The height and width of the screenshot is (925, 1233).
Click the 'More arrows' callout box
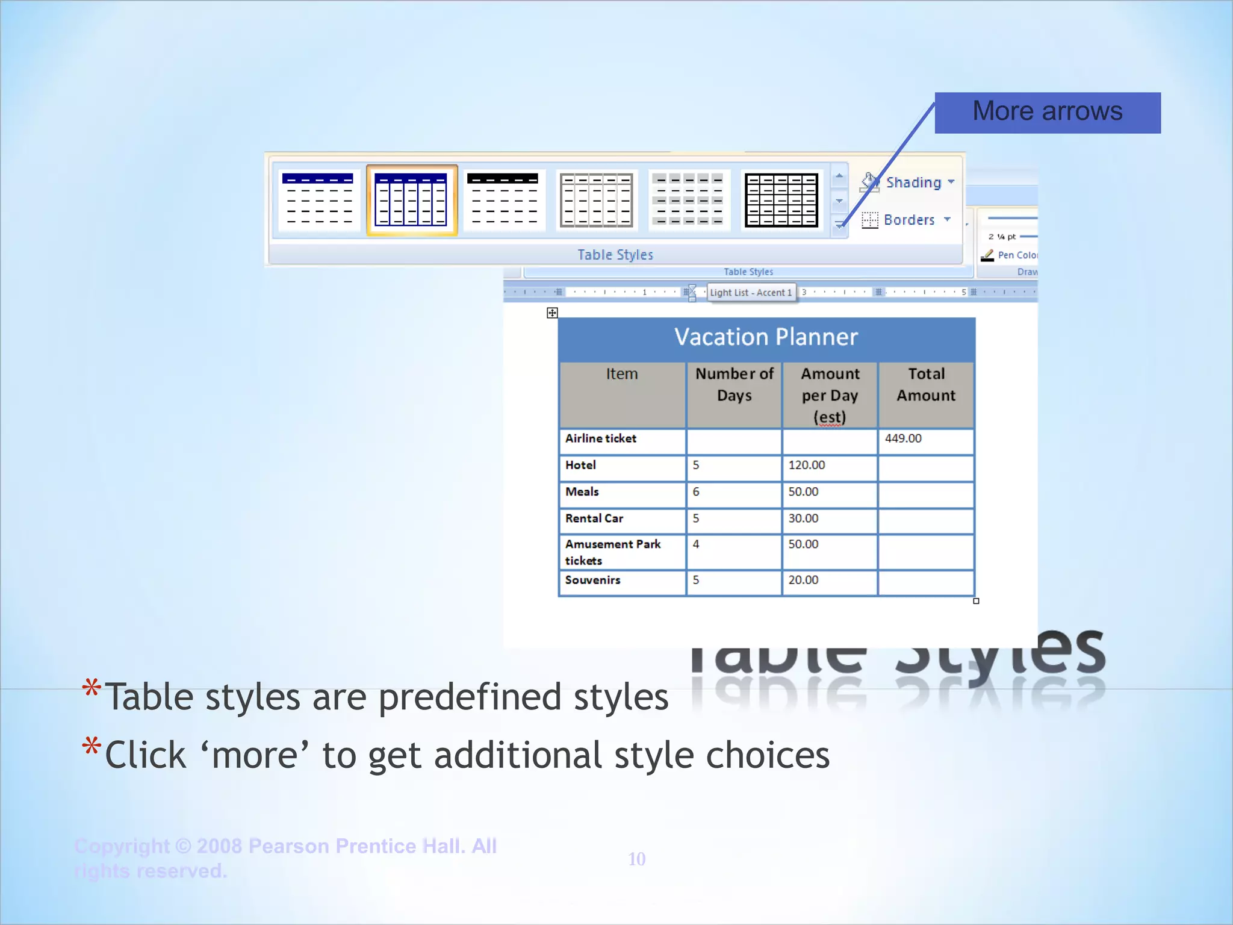coord(1047,113)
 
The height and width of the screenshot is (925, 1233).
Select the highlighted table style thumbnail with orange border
coord(412,200)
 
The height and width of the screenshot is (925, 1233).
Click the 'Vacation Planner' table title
coord(766,337)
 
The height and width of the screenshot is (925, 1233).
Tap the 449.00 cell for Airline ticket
coord(903,438)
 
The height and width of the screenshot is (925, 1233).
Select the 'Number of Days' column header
coord(734,385)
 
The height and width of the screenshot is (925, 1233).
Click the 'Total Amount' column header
coord(926,385)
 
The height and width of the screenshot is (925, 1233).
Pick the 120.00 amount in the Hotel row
coord(807,465)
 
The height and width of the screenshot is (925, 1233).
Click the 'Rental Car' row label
coord(594,519)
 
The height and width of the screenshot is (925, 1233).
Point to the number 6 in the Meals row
coord(696,492)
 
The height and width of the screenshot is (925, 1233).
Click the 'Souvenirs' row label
coord(592,580)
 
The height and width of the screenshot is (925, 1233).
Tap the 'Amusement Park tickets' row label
coord(612,552)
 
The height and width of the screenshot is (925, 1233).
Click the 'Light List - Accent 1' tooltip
coord(751,293)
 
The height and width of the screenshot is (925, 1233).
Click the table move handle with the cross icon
coord(552,313)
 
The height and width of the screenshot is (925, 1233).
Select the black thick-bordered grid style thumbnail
coord(781,200)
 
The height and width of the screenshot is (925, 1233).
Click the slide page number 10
coord(636,859)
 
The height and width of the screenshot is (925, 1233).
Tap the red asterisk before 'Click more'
coord(92,747)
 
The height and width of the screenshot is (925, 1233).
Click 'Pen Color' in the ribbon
coord(1016,255)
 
